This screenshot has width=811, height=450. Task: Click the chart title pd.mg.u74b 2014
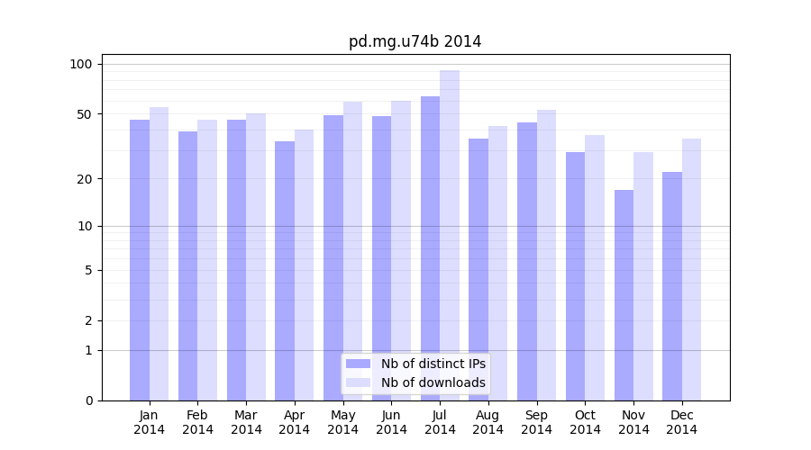point(415,42)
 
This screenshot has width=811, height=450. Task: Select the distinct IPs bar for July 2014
point(430,248)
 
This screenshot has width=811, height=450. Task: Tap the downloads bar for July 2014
point(450,236)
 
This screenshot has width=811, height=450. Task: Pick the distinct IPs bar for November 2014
point(624,295)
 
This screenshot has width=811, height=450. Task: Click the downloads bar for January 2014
point(159,254)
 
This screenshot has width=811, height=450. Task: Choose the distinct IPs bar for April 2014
point(285,271)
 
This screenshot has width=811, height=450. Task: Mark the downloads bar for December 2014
point(691,270)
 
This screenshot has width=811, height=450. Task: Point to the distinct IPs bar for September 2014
point(527,261)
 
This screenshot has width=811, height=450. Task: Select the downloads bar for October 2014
point(595,268)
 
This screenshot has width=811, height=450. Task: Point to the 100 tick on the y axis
point(81,64)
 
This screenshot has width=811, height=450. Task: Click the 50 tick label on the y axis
point(84,114)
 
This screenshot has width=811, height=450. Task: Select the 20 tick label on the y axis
point(84,179)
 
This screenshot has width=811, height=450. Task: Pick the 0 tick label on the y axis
point(88,400)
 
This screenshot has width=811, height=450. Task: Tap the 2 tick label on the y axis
point(88,320)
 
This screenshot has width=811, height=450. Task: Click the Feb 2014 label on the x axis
point(197,422)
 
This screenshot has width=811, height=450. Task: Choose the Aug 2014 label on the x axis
point(488,422)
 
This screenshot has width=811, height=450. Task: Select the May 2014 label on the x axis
point(342,422)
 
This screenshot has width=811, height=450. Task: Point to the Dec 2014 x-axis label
point(682,422)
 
